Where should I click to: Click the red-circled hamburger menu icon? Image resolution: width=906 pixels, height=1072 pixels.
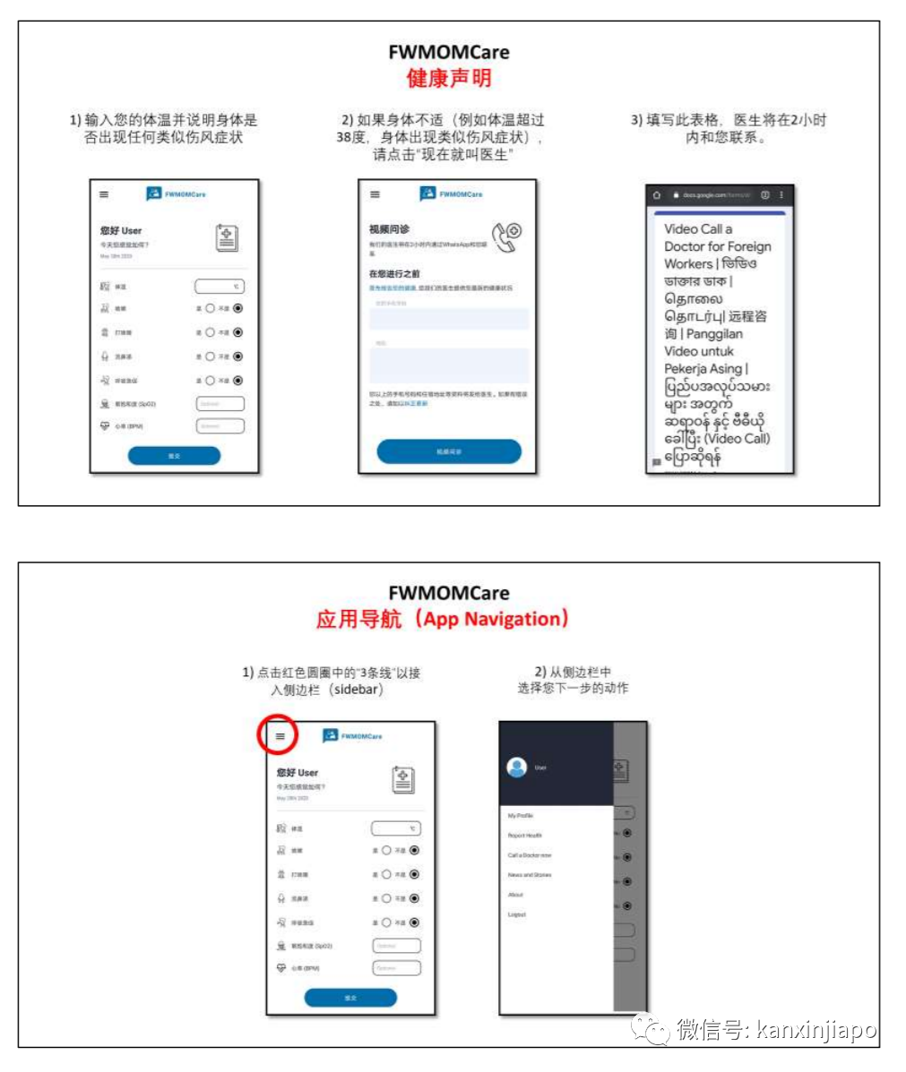280,736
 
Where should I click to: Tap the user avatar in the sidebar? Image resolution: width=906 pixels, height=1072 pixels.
516,768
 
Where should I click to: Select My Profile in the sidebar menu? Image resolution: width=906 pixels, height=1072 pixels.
521,816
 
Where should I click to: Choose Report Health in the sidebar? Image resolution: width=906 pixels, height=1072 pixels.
525,836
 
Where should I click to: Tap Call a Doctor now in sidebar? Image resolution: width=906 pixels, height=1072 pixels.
530,855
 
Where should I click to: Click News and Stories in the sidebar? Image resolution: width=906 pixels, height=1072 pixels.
530,875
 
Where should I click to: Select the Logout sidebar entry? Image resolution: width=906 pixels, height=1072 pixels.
517,914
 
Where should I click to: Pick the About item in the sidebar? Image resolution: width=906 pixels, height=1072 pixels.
515,895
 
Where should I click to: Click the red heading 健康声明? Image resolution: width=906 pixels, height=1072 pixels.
448,78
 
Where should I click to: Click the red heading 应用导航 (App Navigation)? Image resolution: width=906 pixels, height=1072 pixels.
443,619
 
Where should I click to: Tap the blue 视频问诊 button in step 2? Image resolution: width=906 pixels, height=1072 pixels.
448,451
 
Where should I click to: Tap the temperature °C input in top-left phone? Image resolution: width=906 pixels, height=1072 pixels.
220,287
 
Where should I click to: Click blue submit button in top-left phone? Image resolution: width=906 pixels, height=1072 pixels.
174,456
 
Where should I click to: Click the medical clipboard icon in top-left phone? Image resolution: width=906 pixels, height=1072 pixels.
228,237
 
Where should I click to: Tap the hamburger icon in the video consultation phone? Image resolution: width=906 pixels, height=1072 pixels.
375,194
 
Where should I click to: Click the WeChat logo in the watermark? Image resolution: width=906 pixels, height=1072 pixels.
650,1029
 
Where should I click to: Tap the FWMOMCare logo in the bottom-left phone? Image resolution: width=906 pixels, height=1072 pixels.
352,736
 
